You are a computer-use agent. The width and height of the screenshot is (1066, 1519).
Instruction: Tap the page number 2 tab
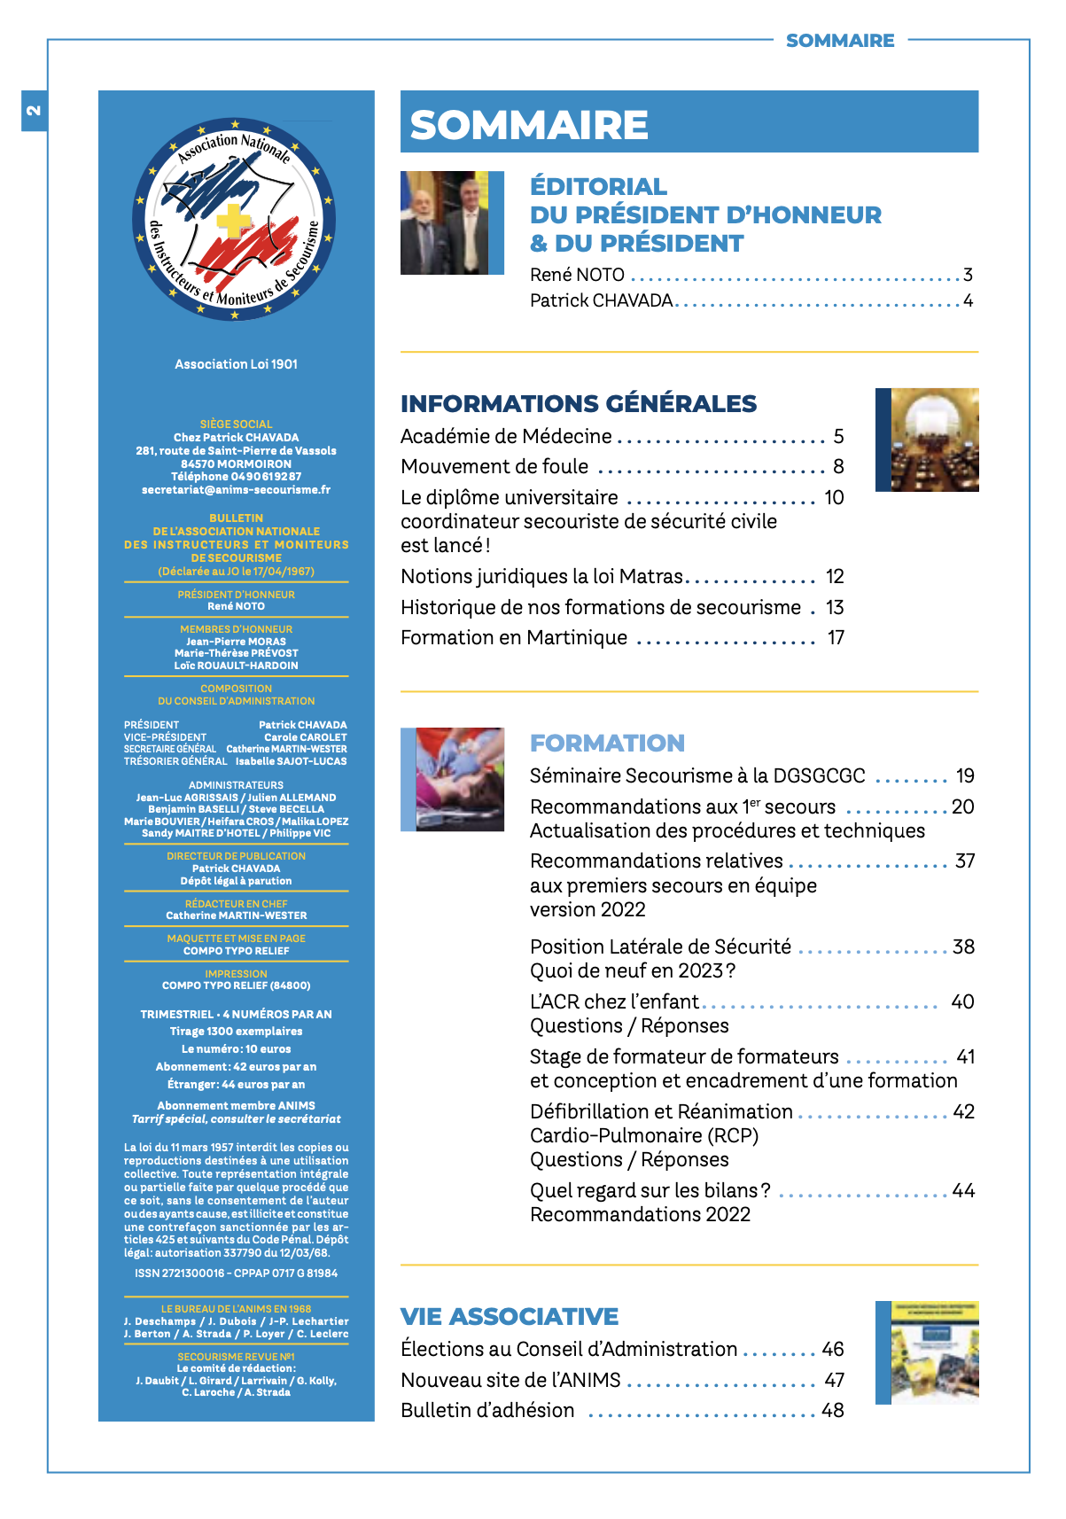(34, 111)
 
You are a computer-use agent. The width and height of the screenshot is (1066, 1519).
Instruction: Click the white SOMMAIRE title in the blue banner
(529, 124)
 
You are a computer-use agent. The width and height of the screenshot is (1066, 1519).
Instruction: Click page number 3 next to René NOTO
(968, 275)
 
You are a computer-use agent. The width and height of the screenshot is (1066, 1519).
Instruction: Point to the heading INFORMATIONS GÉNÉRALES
(578, 404)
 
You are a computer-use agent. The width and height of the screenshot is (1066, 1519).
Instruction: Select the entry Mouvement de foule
(494, 466)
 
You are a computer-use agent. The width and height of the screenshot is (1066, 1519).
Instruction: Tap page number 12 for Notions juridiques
(834, 576)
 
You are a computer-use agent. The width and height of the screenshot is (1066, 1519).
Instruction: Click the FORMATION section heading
(607, 743)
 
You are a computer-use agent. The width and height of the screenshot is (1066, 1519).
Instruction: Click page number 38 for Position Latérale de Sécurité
(963, 946)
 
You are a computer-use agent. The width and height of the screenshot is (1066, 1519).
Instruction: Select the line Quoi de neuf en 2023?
(633, 970)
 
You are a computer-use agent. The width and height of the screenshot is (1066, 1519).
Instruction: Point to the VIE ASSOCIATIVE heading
(510, 1316)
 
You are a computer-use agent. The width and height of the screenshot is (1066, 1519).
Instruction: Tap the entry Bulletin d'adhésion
(487, 1410)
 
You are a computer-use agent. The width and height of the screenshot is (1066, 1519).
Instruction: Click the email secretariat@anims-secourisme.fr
(236, 490)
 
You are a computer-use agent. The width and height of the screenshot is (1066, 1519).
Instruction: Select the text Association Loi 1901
(236, 364)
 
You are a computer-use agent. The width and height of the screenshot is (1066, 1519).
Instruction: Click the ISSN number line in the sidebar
(236, 1274)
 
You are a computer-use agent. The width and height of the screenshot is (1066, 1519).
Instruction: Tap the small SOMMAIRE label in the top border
(840, 41)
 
